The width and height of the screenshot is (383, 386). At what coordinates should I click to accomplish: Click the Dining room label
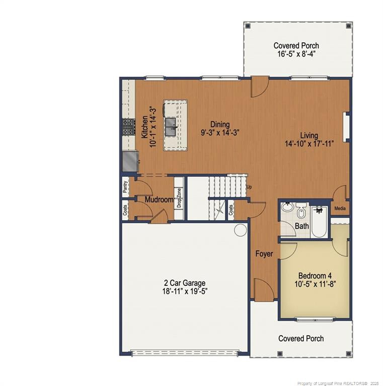tap(220, 125)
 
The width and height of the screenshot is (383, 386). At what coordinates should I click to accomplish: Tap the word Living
tap(309, 135)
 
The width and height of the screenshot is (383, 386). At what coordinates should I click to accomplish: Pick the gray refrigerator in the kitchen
tap(129, 161)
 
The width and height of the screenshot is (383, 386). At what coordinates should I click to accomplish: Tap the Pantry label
tap(125, 187)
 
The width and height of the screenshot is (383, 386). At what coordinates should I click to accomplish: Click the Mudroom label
tap(159, 200)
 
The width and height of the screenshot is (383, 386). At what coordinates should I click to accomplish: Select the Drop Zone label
tap(179, 198)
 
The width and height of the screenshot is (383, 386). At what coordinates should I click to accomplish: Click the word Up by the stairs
tap(249, 187)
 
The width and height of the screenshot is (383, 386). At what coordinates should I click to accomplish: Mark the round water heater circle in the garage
tap(240, 230)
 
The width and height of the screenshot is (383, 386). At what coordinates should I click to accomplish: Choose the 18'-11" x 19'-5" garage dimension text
tap(184, 291)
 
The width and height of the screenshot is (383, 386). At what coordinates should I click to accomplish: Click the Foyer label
tap(264, 254)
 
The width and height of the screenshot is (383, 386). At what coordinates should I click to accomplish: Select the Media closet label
tap(340, 209)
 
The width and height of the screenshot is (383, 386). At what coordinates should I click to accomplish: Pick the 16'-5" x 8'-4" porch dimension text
tap(296, 54)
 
